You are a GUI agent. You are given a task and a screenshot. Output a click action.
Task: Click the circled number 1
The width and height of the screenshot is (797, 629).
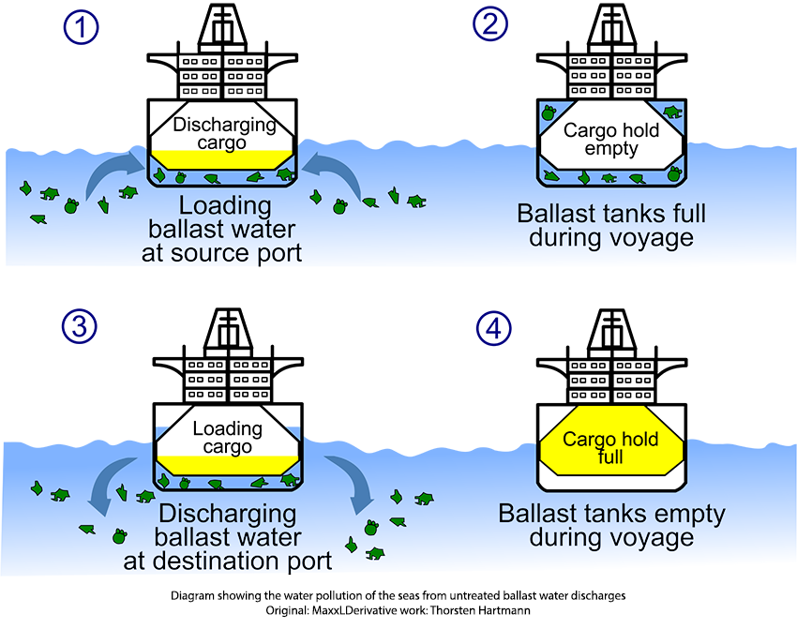tap(82, 27)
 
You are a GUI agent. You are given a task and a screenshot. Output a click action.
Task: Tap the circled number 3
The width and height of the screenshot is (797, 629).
tap(82, 327)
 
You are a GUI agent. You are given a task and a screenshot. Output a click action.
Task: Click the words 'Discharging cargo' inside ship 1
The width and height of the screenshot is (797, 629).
tap(225, 133)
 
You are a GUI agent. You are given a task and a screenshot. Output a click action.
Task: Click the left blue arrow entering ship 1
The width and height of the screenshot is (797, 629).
tap(111, 174)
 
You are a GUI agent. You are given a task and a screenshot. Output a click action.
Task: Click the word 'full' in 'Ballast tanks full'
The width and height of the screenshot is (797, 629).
tap(684, 213)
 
